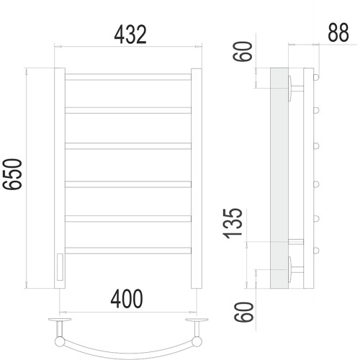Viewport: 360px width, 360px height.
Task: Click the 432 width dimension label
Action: coord(130,35)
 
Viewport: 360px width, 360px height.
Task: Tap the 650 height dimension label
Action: coord(12,174)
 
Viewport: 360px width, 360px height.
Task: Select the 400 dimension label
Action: coord(127,299)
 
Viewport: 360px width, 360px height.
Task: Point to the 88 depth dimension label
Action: coord(338,32)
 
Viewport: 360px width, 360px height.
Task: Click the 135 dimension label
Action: coord(233,224)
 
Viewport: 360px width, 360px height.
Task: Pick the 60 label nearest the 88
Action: coord(243,52)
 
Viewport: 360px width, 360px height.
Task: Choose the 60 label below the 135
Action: coord(244,312)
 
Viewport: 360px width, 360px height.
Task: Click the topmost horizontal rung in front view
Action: coord(128,77)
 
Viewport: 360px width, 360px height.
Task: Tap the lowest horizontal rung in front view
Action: coord(128,251)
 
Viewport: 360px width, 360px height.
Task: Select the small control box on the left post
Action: coord(60,267)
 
